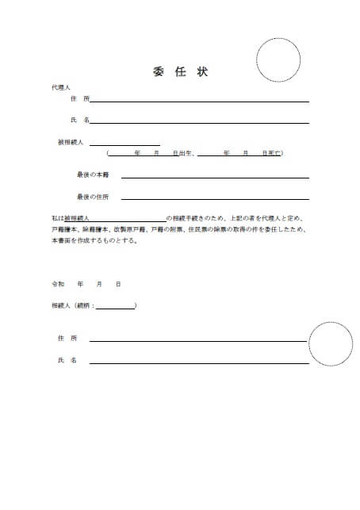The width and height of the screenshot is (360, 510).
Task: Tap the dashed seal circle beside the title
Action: [278, 59]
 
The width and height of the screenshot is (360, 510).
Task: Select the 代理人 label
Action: [60, 86]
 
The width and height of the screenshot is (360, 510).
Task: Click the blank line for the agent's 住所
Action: [198, 101]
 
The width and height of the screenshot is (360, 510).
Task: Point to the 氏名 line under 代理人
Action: [198, 121]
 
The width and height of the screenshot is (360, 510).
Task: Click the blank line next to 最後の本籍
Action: [214, 177]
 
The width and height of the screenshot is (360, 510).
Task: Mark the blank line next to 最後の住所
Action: [214, 199]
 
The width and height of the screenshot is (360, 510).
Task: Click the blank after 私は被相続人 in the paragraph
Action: [131, 217]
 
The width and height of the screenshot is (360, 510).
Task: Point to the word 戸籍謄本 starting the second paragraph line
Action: [64, 228]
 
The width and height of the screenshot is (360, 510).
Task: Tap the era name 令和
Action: [57, 283]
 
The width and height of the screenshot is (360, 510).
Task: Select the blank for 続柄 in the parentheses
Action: [116, 305]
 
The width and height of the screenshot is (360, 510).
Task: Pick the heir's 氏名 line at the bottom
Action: [198, 362]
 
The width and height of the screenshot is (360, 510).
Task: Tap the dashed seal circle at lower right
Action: [331, 344]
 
